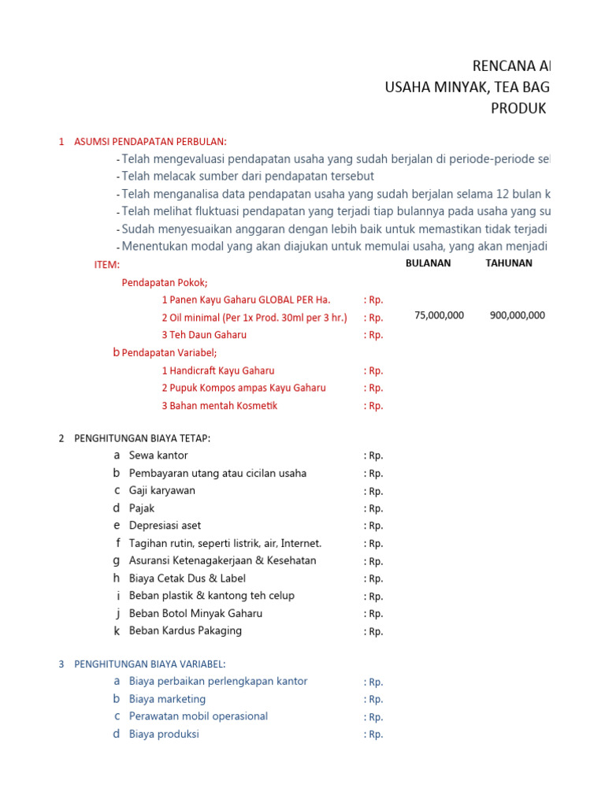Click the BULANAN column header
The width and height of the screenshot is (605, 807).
tap(428, 263)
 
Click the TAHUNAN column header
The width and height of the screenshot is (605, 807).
tap(509, 263)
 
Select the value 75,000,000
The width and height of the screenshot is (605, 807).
tap(439, 315)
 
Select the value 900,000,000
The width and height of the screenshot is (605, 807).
tap(517, 315)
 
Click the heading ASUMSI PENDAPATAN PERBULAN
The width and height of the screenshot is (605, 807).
tap(150, 142)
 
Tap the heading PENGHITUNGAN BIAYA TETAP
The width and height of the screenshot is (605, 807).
tap(142, 438)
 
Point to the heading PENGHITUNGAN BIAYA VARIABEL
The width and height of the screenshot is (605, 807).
tap(150, 664)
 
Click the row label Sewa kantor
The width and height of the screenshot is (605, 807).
tap(158, 456)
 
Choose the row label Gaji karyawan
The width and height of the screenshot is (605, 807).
tap(162, 490)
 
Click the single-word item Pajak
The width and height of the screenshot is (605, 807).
tap(142, 508)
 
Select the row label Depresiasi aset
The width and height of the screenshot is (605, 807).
tap(165, 526)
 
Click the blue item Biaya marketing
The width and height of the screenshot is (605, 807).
tap(167, 699)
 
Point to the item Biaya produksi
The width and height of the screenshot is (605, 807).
tap(164, 734)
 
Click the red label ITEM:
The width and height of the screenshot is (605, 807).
tap(107, 265)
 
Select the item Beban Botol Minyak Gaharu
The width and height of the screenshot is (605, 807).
tap(195, 613)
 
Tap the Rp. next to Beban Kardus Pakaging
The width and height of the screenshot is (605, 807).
tap(373, 631)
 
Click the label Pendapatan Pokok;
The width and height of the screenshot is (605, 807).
tap(165, 283)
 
